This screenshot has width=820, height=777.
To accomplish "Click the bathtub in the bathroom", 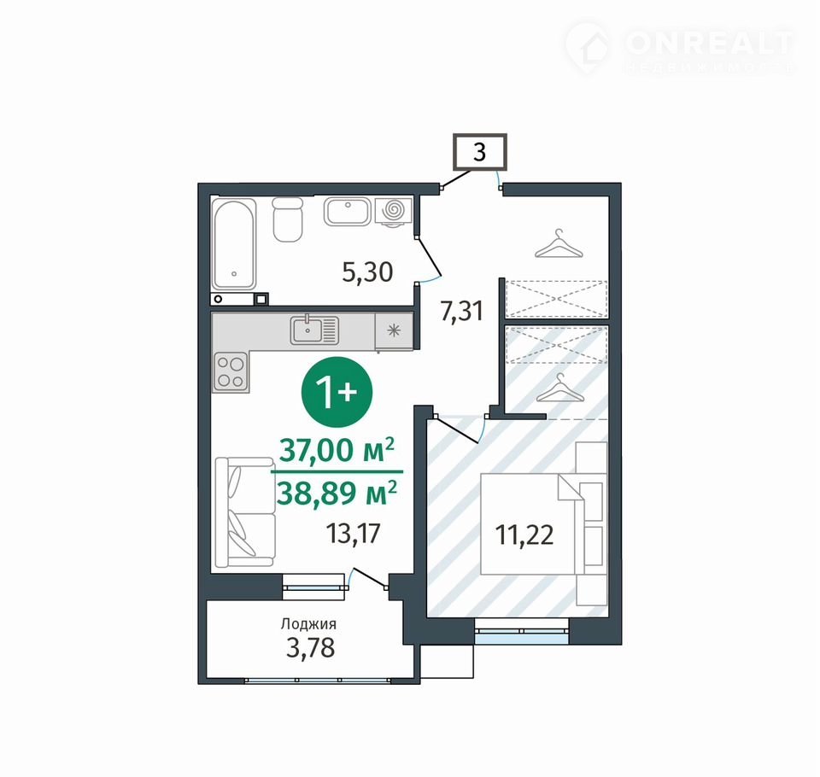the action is pyautogui.click(x=234, y=243).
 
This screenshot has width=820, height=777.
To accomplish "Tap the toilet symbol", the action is pyautogui.click(x=288, y=219).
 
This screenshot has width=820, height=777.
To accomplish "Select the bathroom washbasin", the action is pyautogui.click(x=348, y=211).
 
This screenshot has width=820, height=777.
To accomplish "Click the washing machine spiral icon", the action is pyautogui.click(x=394, y=210).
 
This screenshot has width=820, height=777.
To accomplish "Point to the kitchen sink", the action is pyautogui.click(x=314, y=330).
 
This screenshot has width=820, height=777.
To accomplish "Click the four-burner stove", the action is pyautogui.click(x=231, y=371).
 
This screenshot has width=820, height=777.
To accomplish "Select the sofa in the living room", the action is pyautogui.click(x=245, y=512).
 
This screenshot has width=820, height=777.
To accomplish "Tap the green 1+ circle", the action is pyautogui.click(x=337, y=392).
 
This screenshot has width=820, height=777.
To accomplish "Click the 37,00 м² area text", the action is pyautogui.click(x=337, y=450).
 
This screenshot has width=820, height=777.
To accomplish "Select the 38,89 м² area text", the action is pyautogui.click(x=337, y=493).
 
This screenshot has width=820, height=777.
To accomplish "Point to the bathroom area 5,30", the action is pyautogui.click(x=367, y=272).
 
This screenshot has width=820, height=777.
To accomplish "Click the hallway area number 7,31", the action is pyautogui.click(x=461, y=312).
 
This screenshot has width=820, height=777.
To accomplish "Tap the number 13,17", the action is pyautogui.click(x=353, y=534).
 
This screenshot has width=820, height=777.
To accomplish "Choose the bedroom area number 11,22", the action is pyautogui.click(x=524, y=535).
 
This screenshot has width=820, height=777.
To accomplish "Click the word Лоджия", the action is pyautogui.click(x=308, y=624).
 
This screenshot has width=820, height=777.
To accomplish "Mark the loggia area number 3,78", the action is pyautogui.click(x=311, y=648).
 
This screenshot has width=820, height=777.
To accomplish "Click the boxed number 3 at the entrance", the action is pyautogui.click(x=479, y=152).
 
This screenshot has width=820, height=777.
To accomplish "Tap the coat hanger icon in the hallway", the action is pyautogui.click(x=559, y=244).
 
